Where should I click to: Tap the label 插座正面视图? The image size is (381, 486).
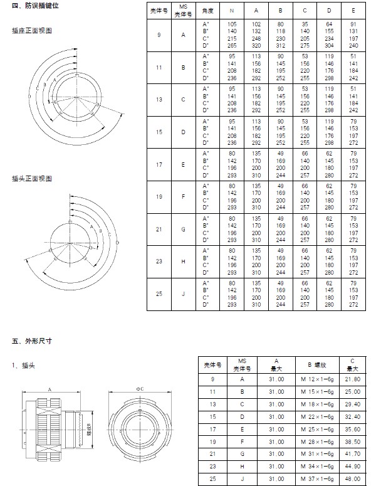tap(33, 31)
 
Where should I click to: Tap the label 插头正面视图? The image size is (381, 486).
tap(33, 179)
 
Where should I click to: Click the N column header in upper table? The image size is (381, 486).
tap(232, 12)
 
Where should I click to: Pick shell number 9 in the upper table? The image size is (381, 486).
tap(159, 35)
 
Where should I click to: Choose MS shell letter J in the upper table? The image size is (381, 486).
tap(183, 295)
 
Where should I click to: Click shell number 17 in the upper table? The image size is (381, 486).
tap(159, 165)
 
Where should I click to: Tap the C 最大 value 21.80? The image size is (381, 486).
tap(352, 379)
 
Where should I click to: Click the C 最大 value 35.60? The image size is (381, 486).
tap(352, 430)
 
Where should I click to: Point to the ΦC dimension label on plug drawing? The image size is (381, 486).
tap(140, 389)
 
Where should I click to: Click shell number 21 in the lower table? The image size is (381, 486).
tap(213, 455)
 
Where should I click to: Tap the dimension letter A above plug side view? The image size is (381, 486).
tap(50, 389)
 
